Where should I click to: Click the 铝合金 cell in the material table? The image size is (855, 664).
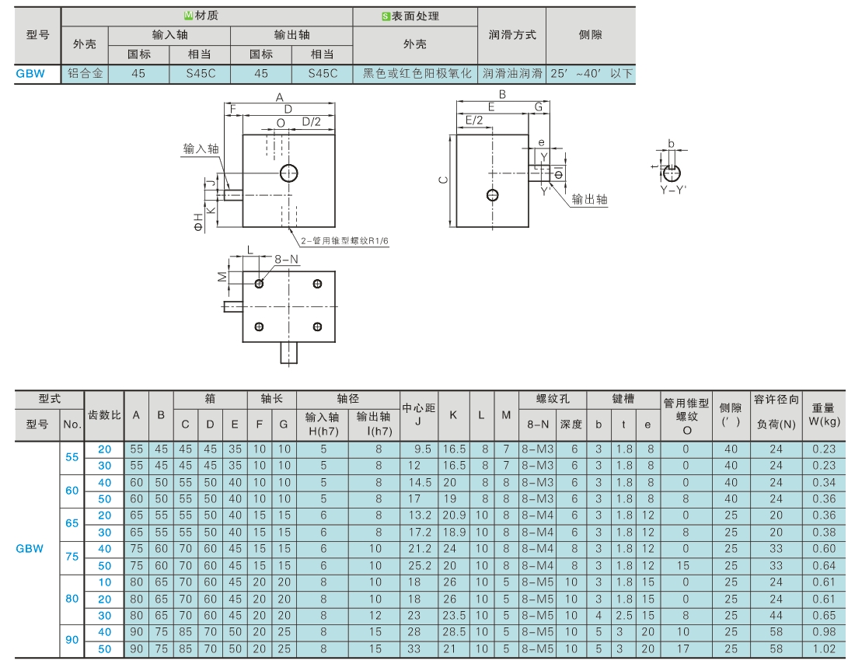85,74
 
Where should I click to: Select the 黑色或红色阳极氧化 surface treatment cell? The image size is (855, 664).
416,74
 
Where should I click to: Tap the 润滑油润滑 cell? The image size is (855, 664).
511,74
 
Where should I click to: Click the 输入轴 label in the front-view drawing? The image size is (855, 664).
201,149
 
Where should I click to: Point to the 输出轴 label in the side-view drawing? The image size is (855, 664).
589,200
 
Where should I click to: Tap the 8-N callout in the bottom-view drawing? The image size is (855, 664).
287,259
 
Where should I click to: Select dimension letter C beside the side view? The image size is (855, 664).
443,180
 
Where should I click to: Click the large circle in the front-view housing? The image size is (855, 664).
290,173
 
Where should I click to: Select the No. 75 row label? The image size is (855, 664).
72,557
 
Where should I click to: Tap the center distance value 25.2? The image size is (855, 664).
419,565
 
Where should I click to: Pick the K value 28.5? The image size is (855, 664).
454,632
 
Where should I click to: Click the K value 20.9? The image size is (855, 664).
454,515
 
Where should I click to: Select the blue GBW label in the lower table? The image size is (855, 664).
30,548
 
